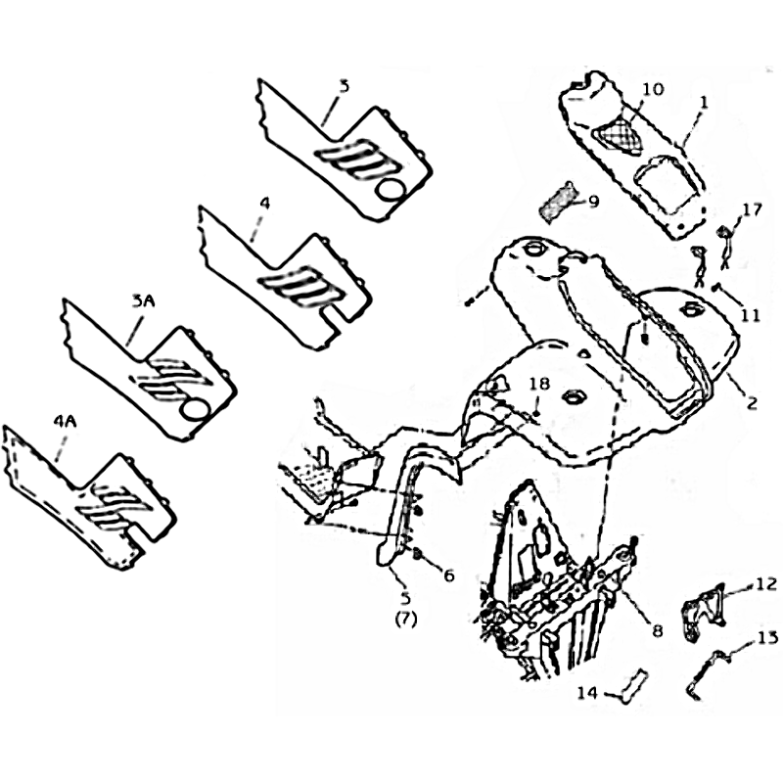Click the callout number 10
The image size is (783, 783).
tap(653, 89)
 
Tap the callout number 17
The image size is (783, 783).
tap(753, 209)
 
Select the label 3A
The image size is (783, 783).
tap(143, 301)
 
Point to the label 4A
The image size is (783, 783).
tap(65, 422)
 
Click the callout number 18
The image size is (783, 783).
tap(539, 384)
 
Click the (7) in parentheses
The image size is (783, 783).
tap(405, 620)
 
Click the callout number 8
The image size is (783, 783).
tap(657, 631)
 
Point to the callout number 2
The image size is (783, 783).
tap(752, 402)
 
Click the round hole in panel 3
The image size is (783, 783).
tap(391, 190)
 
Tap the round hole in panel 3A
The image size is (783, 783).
tap(195, 410)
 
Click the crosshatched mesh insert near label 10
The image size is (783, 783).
tap(618, 134)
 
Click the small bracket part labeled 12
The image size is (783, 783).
tap(703, 613)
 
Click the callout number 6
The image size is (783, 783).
tap(449, 576)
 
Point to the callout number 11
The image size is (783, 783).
tap(750, 315)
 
